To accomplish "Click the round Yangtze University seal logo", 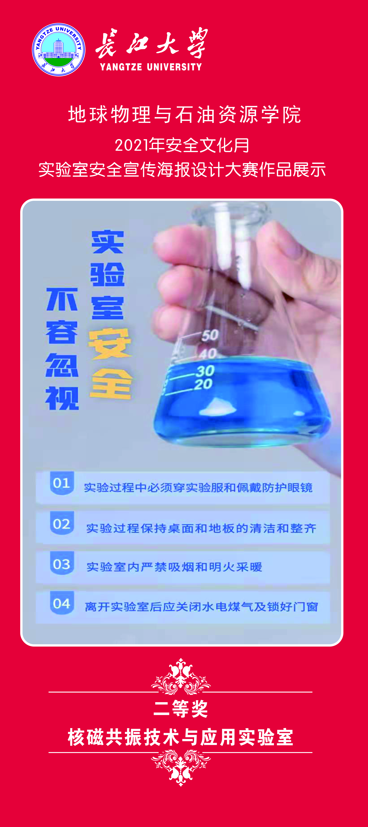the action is pos(59,50).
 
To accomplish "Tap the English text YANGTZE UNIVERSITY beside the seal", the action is pos(151,67).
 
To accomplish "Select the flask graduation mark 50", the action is pos(210,335).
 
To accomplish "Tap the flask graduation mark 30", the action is pos(205,371).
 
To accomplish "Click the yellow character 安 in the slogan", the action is pos(110,344).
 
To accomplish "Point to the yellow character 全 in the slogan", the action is pos(111,384).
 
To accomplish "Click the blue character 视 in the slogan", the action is pos(62,398).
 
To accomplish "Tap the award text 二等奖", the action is pos(181,709).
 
